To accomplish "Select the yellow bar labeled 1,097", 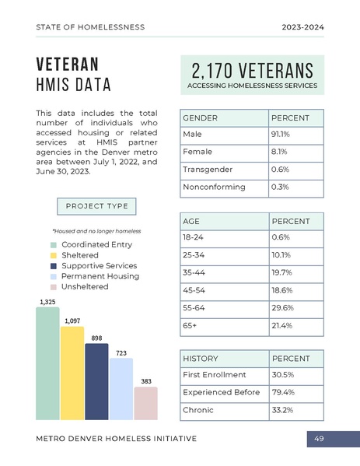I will tap(72, 373).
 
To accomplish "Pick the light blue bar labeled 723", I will tap(121, 389).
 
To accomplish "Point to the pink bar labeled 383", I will tap(145, 403).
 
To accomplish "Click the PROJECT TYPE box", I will tap(96, 206).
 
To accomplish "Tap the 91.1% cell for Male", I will tap(280, 135).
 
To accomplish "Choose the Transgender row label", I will tap(203, 170).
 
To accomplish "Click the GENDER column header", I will tap(200, 117).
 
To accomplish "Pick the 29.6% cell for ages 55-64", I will tap(281, 307).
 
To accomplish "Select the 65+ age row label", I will tap(190, 325).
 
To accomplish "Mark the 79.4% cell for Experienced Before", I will tap(281, 392).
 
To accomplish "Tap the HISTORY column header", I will tap(200, 359).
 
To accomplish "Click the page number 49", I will tap(319, 440).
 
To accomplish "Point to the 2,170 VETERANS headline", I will tap(252, 70).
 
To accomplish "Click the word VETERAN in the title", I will tap(67, 64).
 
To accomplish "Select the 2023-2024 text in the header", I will tap(302, 27).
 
